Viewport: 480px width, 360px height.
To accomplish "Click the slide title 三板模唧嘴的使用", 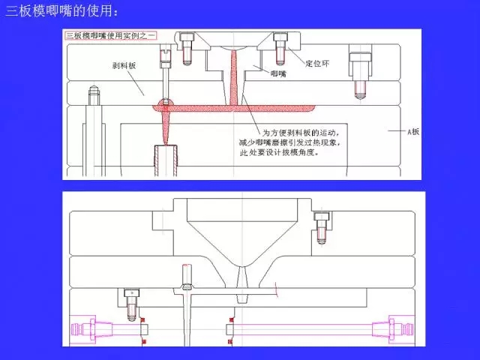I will click(x=61, y=10).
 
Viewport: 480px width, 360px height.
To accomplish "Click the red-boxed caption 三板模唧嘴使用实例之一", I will click(x=109, y=35).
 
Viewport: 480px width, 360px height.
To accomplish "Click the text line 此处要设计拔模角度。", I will click(x=279, y=152).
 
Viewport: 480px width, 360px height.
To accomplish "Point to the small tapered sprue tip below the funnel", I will click(x=241, y=286).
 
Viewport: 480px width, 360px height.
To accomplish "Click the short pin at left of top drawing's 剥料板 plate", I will click(x=94, y=94).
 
